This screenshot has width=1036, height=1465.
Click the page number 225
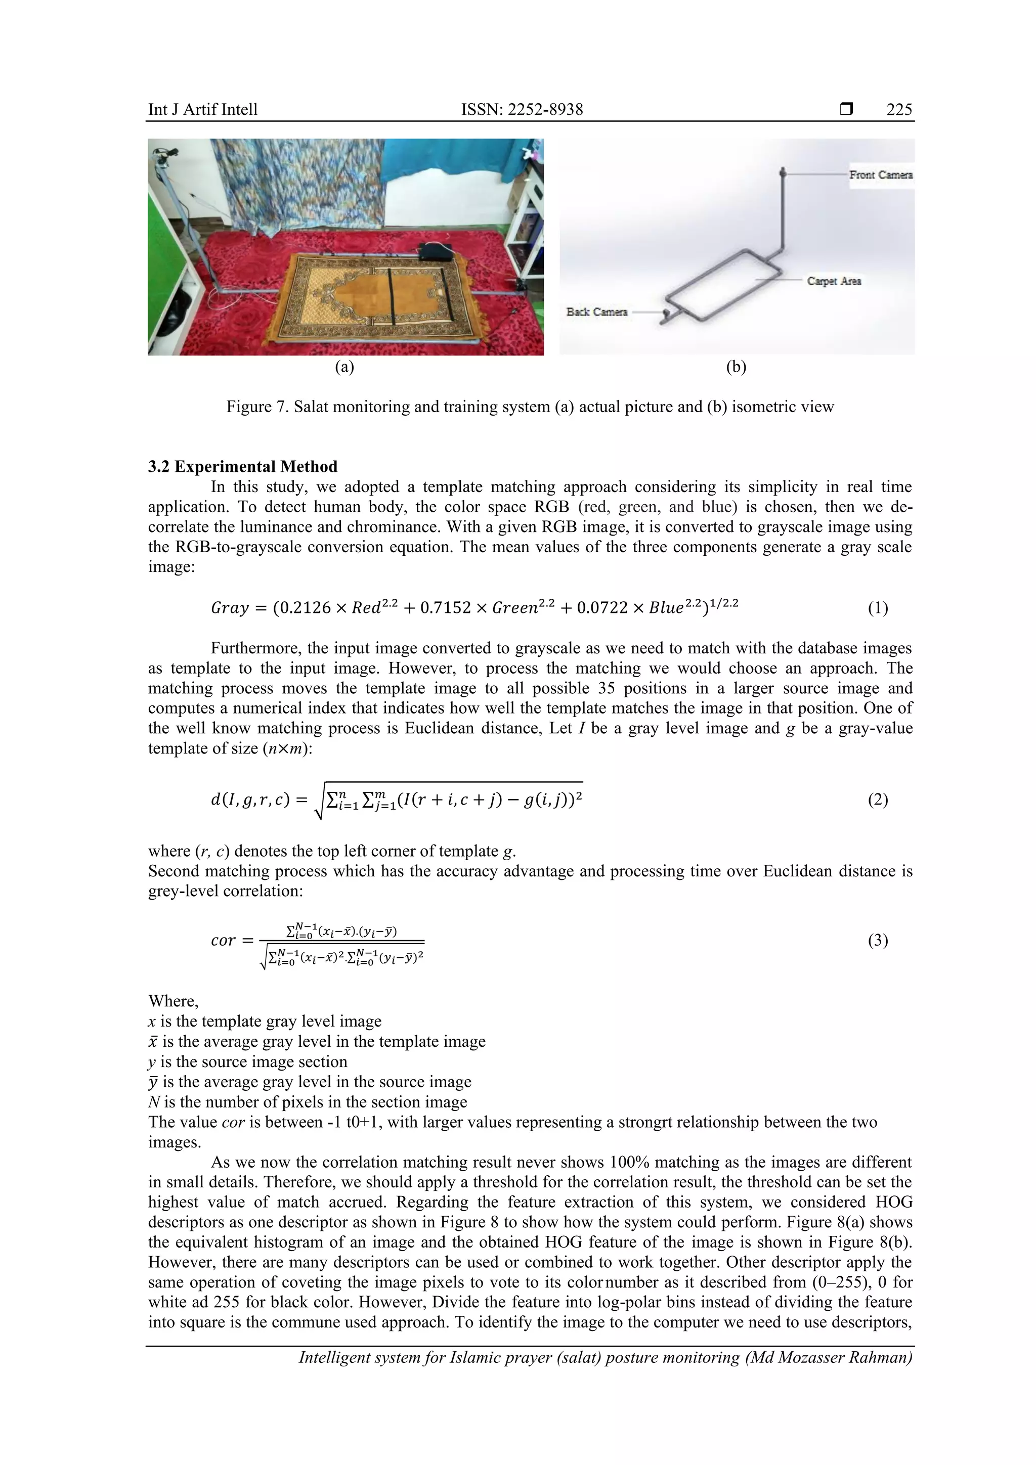pos(899,110)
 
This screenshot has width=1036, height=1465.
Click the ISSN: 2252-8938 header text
pos(522,110)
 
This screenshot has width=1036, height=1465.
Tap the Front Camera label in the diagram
pos(880,175)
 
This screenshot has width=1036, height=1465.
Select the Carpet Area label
pos(834,281)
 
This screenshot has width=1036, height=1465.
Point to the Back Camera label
pos(597,312)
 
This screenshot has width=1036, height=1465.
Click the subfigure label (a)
pos(344,367)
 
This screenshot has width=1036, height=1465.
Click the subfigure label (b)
pos(736,367)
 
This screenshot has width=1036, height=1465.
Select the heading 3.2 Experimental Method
pos(243,466)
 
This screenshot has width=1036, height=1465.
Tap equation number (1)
pos(877,608)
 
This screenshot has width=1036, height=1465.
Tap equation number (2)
pos(877,800)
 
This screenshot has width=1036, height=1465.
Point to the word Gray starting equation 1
pos(229,608)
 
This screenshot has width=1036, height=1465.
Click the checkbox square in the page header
pos(846,109)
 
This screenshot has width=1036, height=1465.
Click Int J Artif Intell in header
pos(202,110)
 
